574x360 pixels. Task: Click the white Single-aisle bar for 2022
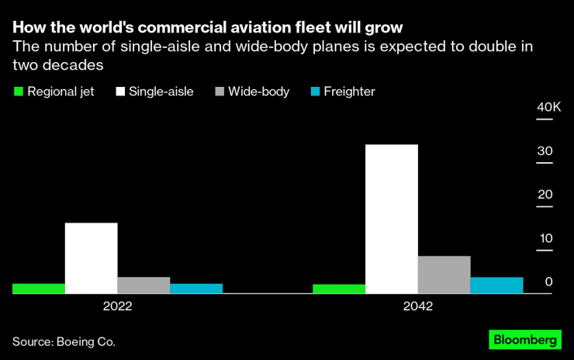tap(91, 258)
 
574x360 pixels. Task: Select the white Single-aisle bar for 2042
tap(391, 220)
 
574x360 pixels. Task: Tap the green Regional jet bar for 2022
tap(38, 289)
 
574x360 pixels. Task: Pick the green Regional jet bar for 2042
tap(338, 289)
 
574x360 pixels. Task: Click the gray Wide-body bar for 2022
tap(143, 286)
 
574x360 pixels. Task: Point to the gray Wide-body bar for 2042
tap(444, 275)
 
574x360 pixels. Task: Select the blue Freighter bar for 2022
tap(196, 289)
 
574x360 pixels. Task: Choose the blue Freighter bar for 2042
tap(496, 286)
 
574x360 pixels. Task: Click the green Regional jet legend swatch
tap(18, 92)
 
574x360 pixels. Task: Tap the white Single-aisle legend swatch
tap(119, 92)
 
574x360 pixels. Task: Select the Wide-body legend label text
tap(258, 92)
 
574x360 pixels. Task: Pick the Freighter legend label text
tap(349, 92)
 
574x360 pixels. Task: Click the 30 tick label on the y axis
tap(548, 151)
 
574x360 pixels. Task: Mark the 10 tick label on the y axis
tap(548, 238)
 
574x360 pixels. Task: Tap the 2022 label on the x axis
tap(117, 306)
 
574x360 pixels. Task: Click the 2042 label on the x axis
tap(417, 306)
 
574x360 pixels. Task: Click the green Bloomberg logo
tap(524, 340)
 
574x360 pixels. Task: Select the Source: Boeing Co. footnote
tap(68, 341)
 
